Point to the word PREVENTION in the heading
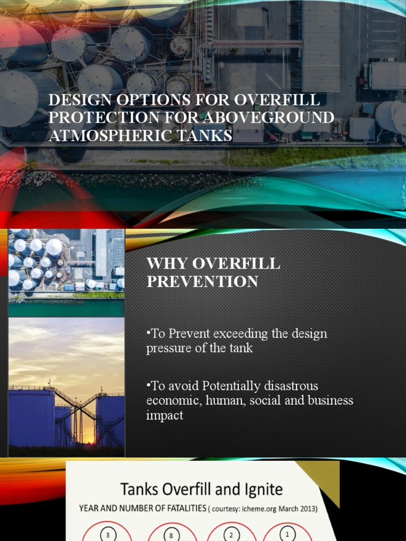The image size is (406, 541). pyautogui.click(x=202, y=282)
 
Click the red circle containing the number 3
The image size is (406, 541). pyautogui.click(x=108, y=534)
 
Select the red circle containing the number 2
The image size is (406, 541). pyautogui.click(x=231, y=534)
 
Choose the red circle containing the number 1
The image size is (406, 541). pyautogui.click(x=287, y=534)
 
